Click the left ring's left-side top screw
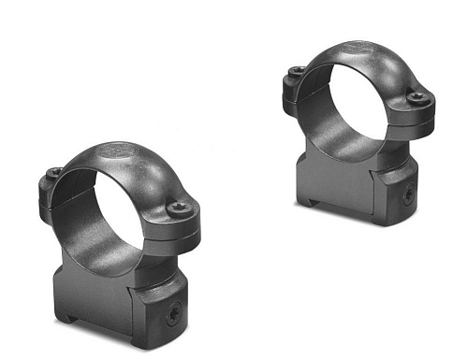point(55,172)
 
